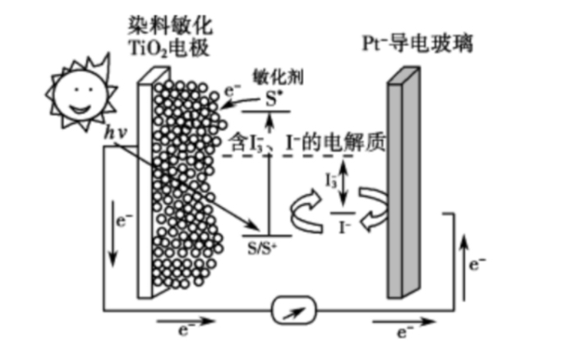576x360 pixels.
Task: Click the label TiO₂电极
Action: (170, 47)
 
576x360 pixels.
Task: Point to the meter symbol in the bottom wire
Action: (288, 313)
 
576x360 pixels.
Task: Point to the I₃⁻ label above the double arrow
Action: (331, 178)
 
